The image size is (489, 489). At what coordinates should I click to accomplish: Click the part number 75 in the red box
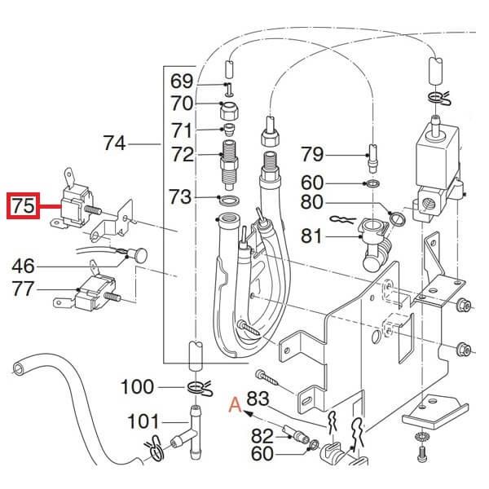(x=23, y=207)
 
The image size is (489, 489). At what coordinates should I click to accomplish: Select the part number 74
(x=116, y=144)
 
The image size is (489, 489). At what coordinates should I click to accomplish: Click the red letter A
(x=236, y=401)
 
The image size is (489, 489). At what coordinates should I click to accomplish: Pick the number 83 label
(x=258, y=399)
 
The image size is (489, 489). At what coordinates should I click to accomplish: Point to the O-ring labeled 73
(x=229, y=199)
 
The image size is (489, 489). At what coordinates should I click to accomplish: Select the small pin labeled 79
(x=372, y=153)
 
